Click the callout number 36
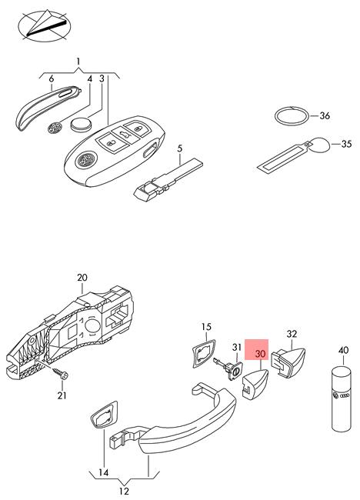(x=325, y=115)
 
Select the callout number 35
(x=346, y=144)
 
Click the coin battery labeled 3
(x=80, y=124)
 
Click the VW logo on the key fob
(x=85, y=159)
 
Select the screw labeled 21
(x=60, y=373)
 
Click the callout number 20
(x=82, y=278)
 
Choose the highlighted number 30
(x=260, y=354)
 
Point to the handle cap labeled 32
(x=288, y=362)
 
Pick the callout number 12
(x=124, y=491)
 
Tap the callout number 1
(x=78, y=62)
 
